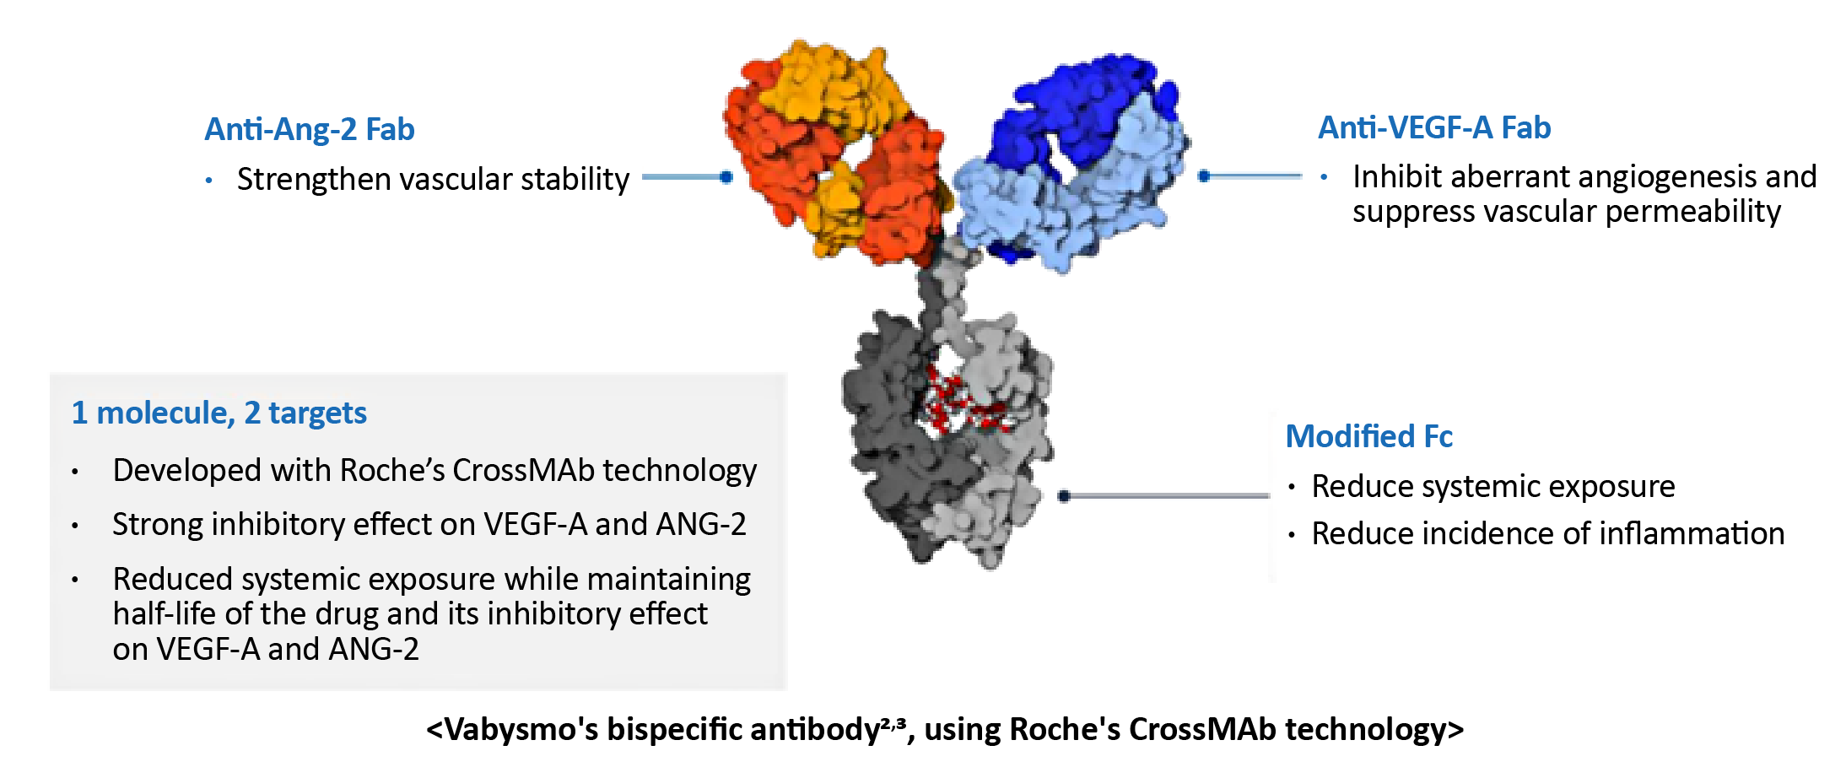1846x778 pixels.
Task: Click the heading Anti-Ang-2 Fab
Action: click(310, 129)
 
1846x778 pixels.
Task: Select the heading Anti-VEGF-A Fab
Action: click(1434, 127)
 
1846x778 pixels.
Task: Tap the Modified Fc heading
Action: click(1368, 436)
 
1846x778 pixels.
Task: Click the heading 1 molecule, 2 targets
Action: click(219, 413)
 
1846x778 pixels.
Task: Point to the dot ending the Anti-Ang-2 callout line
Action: click(726, 177)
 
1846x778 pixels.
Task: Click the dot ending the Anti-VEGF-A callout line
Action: click(1205, 176)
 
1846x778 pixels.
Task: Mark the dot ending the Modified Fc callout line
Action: click(1064, 496)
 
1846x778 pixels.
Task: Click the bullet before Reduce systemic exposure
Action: click(1292, 487)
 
